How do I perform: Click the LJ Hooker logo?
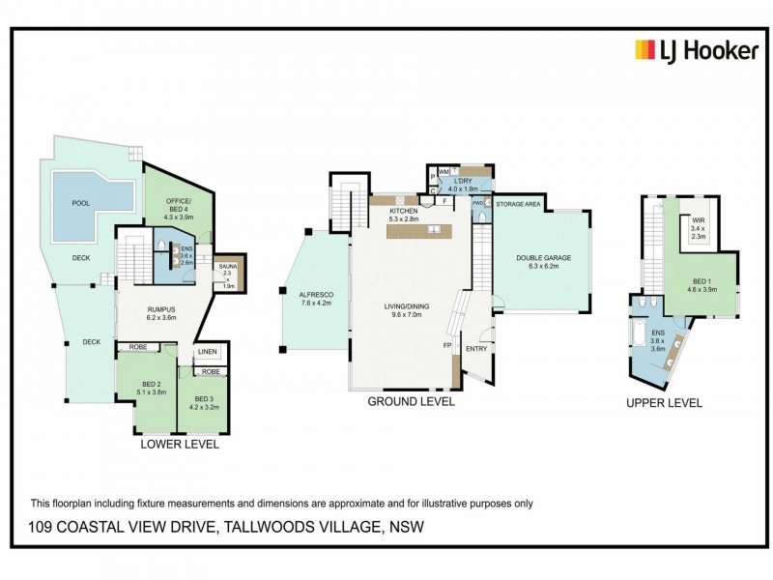[696, 50]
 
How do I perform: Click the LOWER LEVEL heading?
[180, 446]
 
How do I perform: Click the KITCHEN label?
[402, 210]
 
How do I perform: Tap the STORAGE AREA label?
[518, 205]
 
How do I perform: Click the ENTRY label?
[477, 349]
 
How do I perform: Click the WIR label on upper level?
[698, 220]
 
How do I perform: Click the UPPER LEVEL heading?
[664, 403]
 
